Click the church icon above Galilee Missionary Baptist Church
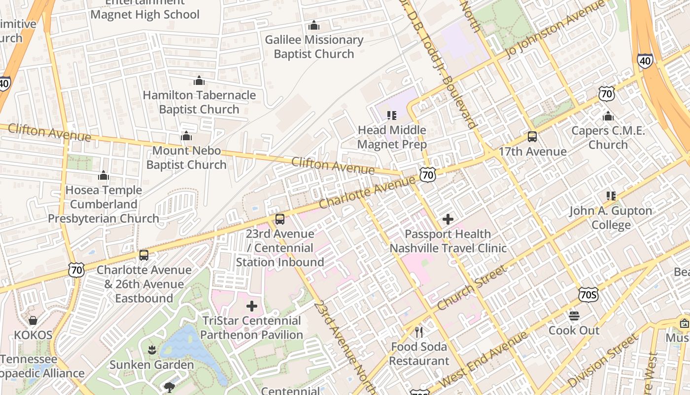314,25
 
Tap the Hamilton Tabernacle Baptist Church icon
199,80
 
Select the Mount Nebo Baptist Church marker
186,136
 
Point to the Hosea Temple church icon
103,175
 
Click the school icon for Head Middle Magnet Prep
392,116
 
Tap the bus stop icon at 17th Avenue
532,137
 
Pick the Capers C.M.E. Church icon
608,116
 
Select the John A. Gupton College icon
611,196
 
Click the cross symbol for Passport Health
448,219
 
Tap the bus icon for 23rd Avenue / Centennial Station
280,219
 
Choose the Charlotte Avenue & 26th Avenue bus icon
144,255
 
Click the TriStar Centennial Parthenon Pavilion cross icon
252,306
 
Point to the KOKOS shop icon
33,321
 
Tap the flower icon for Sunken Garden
152,350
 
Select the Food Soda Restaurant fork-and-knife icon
419,332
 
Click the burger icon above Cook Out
574,316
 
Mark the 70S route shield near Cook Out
589,295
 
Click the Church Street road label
472,288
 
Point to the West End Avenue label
483,359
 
